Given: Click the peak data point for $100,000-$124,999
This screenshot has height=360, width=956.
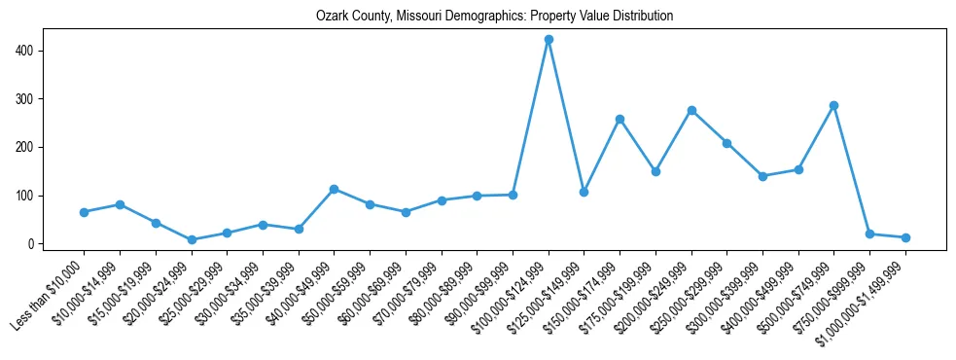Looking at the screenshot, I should pos(549,40).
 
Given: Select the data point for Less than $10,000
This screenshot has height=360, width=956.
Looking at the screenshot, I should pos(85,212).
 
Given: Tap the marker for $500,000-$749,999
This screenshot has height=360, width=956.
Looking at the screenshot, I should pos(833,105).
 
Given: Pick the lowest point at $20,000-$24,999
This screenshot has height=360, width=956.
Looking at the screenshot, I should pos(192,239).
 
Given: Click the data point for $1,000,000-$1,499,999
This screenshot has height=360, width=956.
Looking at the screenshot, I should pos(905,237).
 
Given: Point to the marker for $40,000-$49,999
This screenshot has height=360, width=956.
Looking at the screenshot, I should pos(334,189).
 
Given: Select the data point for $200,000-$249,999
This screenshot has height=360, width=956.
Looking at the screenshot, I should pos(691,110).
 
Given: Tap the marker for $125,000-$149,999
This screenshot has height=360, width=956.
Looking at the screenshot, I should pos(584,192).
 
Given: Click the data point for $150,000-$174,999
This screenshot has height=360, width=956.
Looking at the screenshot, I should pos(620,119).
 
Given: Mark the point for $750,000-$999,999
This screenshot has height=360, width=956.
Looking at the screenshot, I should pos(869,234).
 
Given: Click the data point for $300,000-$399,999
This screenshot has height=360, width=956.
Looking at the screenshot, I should pos(762,176).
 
